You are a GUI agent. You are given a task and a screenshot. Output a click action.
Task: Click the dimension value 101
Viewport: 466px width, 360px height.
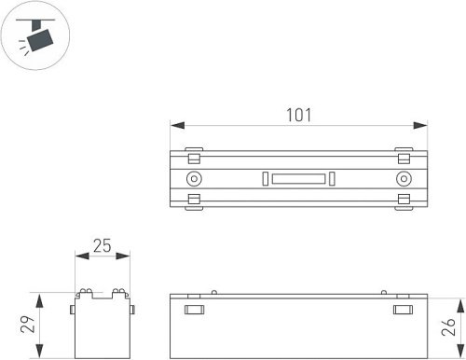pyautogui.click(x=298, y=115)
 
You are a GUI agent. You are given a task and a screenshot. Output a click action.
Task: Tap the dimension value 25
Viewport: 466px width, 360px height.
pyautogui.click(x=103, y=246)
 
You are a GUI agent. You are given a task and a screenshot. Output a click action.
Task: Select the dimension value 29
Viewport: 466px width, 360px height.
pyautogui.click(x=28, y=325)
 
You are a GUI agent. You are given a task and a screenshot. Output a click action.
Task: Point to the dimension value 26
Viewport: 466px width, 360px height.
pyautogui.click(x=448, y=326)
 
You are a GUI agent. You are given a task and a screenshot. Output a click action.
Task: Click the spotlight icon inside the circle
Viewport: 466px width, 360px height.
pyautogui.click(x=36, y=36)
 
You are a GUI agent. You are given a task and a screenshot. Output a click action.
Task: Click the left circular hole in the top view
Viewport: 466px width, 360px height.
pyautogui.click(x=194, y=179)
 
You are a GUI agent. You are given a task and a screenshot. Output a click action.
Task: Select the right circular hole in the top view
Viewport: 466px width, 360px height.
pyautogui.click(x=404, y=179)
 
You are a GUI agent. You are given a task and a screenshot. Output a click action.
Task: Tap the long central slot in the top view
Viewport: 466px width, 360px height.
pyautogui.click(x=298, y=179)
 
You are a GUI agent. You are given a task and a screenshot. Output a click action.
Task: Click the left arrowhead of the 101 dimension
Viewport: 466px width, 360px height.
pyautogui.click(x=177, y=125)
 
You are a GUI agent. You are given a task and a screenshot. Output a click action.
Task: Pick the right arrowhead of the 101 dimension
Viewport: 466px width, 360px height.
pyautogui.click(x=420, y=125)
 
